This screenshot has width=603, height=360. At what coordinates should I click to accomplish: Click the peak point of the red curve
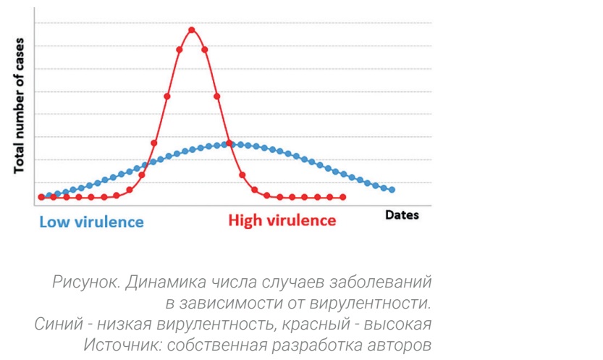[192, 30]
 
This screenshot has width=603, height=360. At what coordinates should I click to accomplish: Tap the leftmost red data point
[41, 197]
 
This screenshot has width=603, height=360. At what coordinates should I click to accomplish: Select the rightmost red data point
[342, 197]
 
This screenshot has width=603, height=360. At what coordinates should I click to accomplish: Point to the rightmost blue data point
[392, 190]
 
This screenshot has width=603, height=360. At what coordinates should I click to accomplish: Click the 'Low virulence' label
[91, 221]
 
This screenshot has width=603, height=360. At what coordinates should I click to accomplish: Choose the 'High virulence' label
[282, 220]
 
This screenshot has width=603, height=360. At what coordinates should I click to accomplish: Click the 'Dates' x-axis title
[402, 215]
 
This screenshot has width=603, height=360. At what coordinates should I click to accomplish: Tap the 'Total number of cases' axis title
[20, 106]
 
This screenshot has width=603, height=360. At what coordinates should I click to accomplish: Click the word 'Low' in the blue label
[54, 221]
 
